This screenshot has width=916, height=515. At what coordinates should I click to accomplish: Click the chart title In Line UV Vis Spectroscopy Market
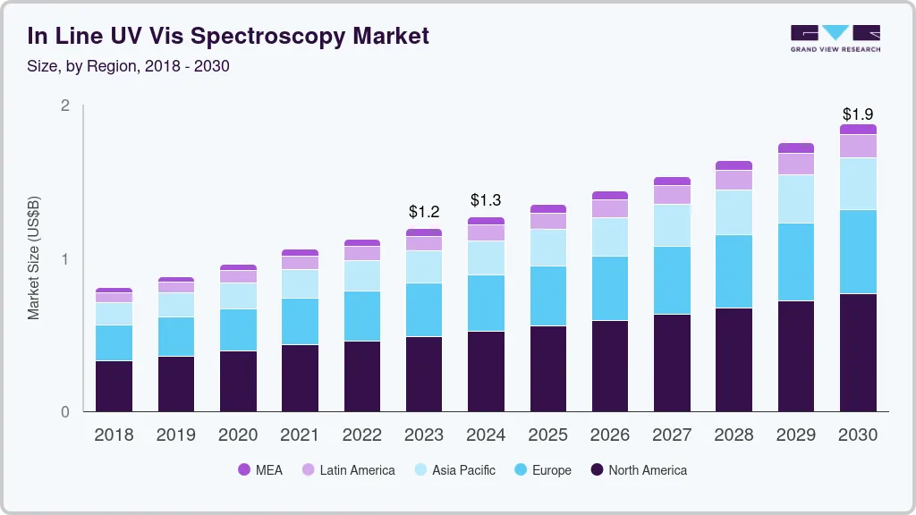click(x=228, y=36)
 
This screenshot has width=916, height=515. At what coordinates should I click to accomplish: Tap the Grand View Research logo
click(x=835, y=38)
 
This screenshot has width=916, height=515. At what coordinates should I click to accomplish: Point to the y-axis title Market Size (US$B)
click(x=34, y=257)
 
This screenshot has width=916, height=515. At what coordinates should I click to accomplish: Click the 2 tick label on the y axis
click(x=64, y=106)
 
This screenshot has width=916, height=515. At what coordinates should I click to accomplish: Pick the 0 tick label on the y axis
click(x=64, y=412)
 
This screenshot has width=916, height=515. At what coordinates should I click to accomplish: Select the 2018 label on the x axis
click(x=114, y=435)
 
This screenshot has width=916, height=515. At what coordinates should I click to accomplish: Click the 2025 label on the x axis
click(x=547, y=435)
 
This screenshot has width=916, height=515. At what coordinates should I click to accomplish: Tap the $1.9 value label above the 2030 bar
click(x=858, y=114)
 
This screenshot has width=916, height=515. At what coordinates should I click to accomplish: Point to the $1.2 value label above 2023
click(x=424, y=212)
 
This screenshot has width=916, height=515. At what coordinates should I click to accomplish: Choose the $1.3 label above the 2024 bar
click(x=486, y=199)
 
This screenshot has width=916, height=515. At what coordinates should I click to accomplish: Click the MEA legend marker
click(x=244, y=470)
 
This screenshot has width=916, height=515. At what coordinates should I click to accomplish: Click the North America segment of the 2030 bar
click(x=858, y=352)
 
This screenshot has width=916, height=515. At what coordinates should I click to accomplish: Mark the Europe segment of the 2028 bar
click(x=734, y=271)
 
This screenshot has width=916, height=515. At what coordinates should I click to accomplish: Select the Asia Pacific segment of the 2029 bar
click(x=795, y=198)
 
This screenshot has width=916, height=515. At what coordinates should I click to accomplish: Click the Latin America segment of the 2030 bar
click(x=858, y=146)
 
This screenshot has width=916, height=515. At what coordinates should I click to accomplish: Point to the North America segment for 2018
click(x=114, y=386)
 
